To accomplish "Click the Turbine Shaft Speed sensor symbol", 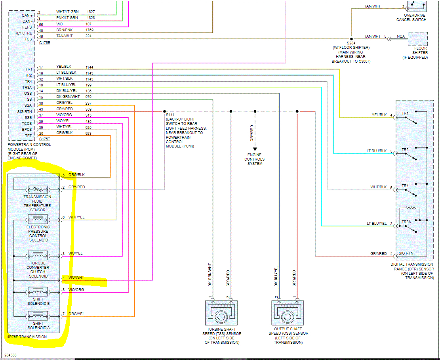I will pyautogui.click(x=221, y=313).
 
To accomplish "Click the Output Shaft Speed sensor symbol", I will pyautogui.click(x=287, y=313).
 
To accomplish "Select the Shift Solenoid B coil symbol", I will pyautogui.click(x=38, y=292).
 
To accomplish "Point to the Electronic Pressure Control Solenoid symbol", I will pyautogui.click(x=38, y=219).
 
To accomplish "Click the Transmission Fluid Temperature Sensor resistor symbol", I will pyautogui.click(x=38, y=189).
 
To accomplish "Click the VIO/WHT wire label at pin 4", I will pyautogui.click(x=76, y=278).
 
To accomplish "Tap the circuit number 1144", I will pyautogui.click(x=90, y=67).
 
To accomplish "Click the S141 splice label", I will pyautogui.click(x=171, y=114).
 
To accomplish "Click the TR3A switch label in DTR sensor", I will pyautogui.click(x=407, y=222).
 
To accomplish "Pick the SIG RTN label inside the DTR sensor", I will pyautogui.click(x=407, y=253).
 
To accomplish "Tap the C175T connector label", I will pyautogui.click(x=45, y=140).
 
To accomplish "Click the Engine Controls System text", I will pyautogui.click(x=255, y=159).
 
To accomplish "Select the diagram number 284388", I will pyautogui.click(x=11, y=355).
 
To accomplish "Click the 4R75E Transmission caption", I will pyautogui.click(x=27, y=337).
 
